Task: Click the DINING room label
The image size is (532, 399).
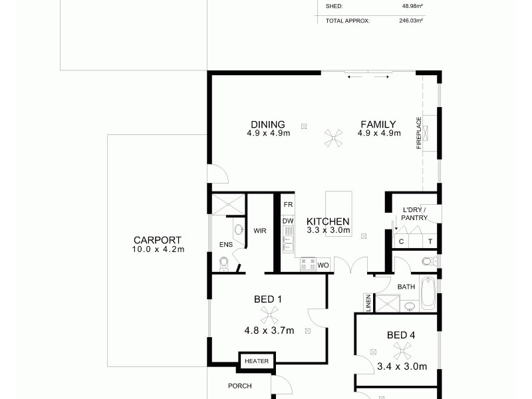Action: tap(268, 124)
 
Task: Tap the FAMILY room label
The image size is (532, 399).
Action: tap(378, 124)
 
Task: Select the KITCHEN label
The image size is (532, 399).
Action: tap(328, 221)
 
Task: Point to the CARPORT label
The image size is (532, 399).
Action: tap(158, 241)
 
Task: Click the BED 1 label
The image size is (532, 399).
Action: tap(268, 299)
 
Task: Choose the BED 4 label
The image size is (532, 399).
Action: tap(401, 335)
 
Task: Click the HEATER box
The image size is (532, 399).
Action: tap(256, 361)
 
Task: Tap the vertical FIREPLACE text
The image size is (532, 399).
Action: tap(419, 133)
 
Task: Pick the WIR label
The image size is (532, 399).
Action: tap(259, 231)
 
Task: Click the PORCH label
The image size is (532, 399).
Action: tap(239, 386)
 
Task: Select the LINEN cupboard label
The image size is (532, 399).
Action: tap(368, 303)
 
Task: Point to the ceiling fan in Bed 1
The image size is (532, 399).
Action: tap(268, 315)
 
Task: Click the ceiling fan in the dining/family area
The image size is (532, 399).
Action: tap(332, 138)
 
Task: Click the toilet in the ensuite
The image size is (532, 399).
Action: tap(225, 265)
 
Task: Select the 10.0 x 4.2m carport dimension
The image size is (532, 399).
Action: tap(158, 250)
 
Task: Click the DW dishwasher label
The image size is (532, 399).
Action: tap(288, 221)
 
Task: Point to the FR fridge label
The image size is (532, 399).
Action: tap(288, 204)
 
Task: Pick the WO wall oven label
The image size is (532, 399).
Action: tap(323, 265)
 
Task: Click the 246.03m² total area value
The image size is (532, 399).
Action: tap(410, 21)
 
